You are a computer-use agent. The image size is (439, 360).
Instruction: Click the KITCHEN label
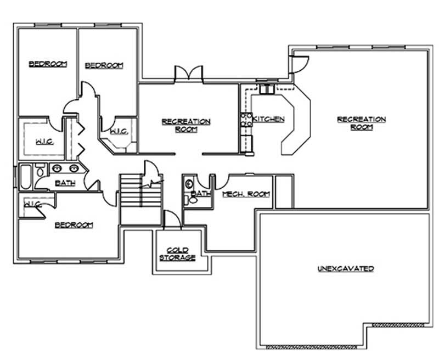click(x=268, y=119)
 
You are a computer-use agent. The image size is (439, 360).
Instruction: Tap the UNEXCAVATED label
click(x=346, y=269)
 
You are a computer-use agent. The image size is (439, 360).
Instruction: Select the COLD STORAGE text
click(x=177, y=253)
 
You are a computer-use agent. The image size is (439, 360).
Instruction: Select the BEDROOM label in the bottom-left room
click(x=73, y=225)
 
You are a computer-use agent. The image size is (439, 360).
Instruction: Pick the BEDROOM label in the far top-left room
click(x=48, y=64)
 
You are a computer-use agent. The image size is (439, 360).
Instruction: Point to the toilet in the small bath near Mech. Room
click(x=189, y=184)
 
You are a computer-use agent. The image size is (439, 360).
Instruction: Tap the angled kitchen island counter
click(x=296, y=121)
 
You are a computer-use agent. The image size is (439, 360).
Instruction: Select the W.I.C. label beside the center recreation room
click(x=119, y=131)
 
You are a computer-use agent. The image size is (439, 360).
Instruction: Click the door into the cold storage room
click(x=172, y=221)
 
